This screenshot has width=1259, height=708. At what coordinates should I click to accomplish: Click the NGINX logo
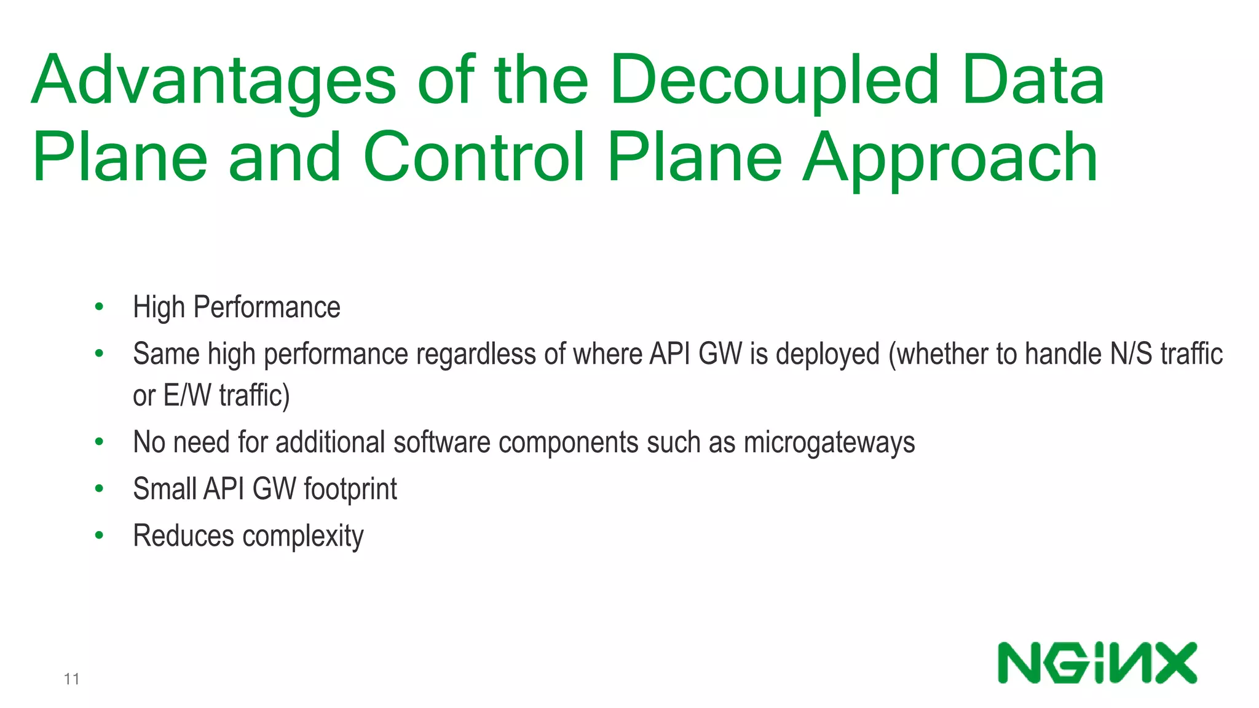[1097, 663]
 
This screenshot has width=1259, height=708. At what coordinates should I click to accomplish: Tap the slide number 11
[71, 679]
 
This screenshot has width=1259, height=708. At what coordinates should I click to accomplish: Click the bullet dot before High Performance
[99, 307]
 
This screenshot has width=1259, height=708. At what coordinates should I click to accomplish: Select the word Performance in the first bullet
[267, 307]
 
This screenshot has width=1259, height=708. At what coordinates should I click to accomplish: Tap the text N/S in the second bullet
[1131, 354]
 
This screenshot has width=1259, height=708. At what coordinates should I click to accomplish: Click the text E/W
[187, 395]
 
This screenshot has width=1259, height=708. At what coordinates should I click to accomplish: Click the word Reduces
[184, 536]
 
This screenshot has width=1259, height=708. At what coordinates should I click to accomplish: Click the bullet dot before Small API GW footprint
[99, 489]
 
